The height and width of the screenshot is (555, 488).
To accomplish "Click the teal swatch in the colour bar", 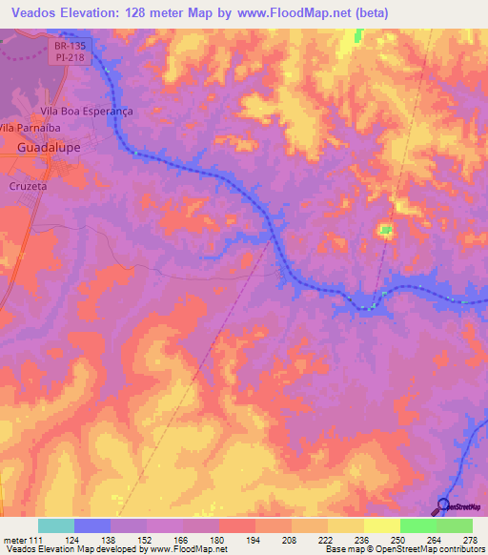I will coord(56,525).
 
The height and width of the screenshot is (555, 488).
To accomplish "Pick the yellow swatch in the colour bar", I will coord(382,525).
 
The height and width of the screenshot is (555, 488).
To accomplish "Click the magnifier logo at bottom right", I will coord(443,505).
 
